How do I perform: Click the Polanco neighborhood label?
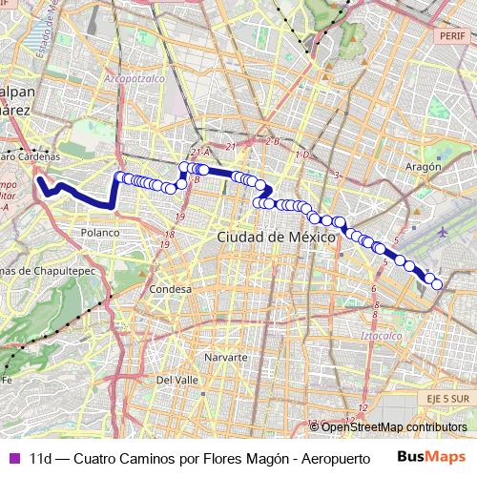click(x=100, y=232)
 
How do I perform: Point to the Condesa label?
click(x=171, y=288)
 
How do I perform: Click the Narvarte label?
click(x=226, y=357)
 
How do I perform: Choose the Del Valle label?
click(x=176, y=379)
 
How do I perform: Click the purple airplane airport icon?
click(x=443, y=231)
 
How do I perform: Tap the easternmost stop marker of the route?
click(x=438, y=284)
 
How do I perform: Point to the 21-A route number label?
click(x=199, y=152)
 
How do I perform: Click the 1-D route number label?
click(x=303, y=155)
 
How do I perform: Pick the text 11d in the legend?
click(x=40, y=458)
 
